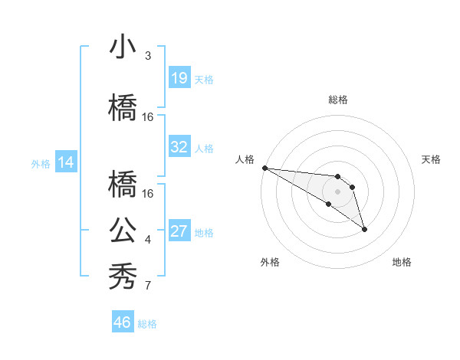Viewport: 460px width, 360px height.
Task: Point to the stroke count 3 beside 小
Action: click(148, 56)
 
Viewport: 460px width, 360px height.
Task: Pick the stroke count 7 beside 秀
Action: click(148, 286)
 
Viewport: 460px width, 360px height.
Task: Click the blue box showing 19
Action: click(179, 78)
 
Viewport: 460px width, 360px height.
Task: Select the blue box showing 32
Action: click(179, 147)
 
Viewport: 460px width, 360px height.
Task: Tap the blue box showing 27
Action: click(179, 231)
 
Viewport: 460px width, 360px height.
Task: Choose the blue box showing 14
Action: click(66, 162)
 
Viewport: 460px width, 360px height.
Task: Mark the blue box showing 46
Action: click(122, 322)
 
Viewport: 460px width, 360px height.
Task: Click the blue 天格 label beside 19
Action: click(204, 79)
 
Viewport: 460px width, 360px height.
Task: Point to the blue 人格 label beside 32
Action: click(204, 148)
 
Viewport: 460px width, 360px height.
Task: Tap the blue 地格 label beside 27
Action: click(204, 232)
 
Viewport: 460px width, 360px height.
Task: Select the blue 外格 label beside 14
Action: click(41, 163)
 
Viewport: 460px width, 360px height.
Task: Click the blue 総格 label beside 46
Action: click(147, 324)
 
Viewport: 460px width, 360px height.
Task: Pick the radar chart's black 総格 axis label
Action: click(338, 100)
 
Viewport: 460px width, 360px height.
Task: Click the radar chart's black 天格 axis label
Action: click(432, 159)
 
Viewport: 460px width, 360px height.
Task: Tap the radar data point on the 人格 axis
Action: click(264, 168)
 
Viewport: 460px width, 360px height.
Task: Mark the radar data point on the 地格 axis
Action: click(364, 229)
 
